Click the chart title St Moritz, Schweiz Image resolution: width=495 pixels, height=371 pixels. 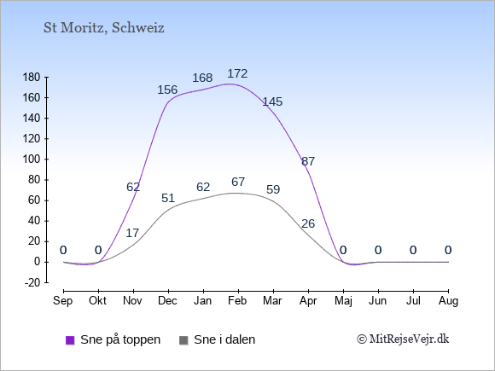[x=104, y=28]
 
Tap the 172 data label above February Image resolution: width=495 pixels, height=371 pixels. [x=237, y=73]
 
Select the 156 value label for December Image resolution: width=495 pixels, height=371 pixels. [x=167, y=90]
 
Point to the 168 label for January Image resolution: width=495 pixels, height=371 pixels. [x=202, y=78]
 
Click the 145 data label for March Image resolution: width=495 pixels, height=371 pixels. [x=272, y=101]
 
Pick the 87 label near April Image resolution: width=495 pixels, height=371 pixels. [x=308, y=161]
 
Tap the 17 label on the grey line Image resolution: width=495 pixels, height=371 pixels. [x=132, y=233]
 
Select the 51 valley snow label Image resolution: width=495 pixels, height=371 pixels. [x=168, y=198]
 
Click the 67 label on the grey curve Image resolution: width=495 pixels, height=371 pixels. [x=238, y=182]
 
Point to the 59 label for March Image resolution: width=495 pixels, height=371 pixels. [x=273, y=189]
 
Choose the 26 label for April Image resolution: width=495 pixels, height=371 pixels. [x=308, y=223]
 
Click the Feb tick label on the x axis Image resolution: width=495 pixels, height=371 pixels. [x=237, y=301]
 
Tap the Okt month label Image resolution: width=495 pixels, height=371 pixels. [x=97, y=301]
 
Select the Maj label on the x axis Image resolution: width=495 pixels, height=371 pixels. [x=343, y=301]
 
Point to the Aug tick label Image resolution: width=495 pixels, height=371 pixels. [x=448, y=301]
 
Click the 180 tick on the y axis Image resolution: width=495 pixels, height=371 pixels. [x=32, y=78]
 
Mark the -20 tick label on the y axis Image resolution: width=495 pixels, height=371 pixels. [x=32, y=282]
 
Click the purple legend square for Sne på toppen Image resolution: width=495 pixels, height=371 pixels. [x=70, y=340]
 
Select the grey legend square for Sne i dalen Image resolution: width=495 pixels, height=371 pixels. [x=183, y=340]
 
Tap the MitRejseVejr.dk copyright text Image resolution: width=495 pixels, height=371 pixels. [x=403, y=339]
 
